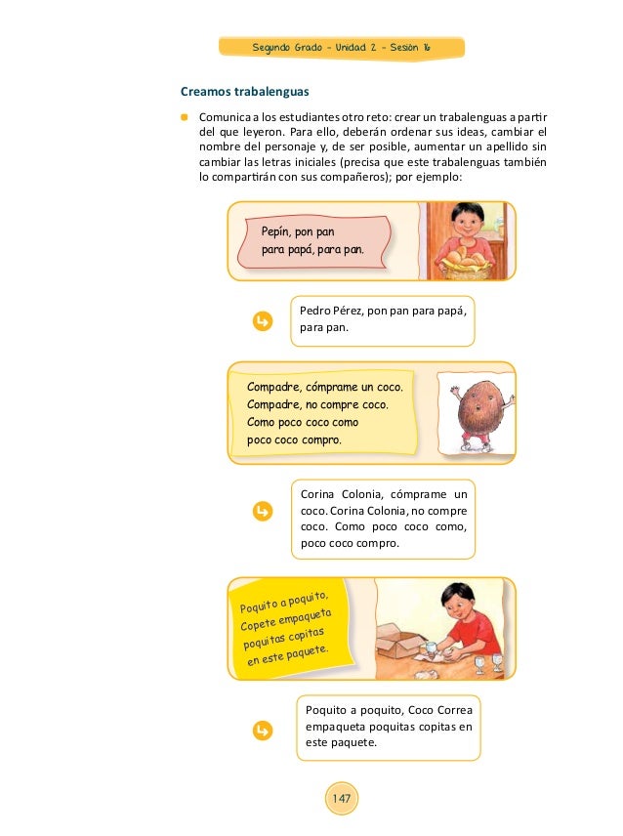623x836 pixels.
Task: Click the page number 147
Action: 342,800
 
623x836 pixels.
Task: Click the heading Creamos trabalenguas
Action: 244,92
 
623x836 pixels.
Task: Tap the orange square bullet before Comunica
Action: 184,117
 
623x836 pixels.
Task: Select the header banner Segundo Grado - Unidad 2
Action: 342,48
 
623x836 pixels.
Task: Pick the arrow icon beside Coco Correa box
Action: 260,729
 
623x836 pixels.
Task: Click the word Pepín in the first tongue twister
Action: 278,231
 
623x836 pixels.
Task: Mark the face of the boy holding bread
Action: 464,221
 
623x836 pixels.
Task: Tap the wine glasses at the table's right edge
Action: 489,663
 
